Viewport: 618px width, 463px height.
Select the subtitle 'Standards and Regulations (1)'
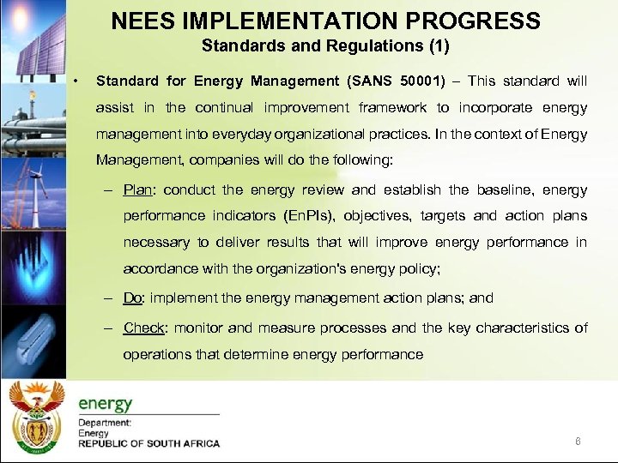325,45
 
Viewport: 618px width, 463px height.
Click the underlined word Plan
139,189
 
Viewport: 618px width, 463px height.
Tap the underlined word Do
132,298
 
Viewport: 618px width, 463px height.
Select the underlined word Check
144,328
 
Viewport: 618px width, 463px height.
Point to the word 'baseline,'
502,189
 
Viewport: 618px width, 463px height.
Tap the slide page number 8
578,441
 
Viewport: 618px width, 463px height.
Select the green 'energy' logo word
106,403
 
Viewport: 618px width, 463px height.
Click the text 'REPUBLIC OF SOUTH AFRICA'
148,443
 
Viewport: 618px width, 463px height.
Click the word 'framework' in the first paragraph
393,107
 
